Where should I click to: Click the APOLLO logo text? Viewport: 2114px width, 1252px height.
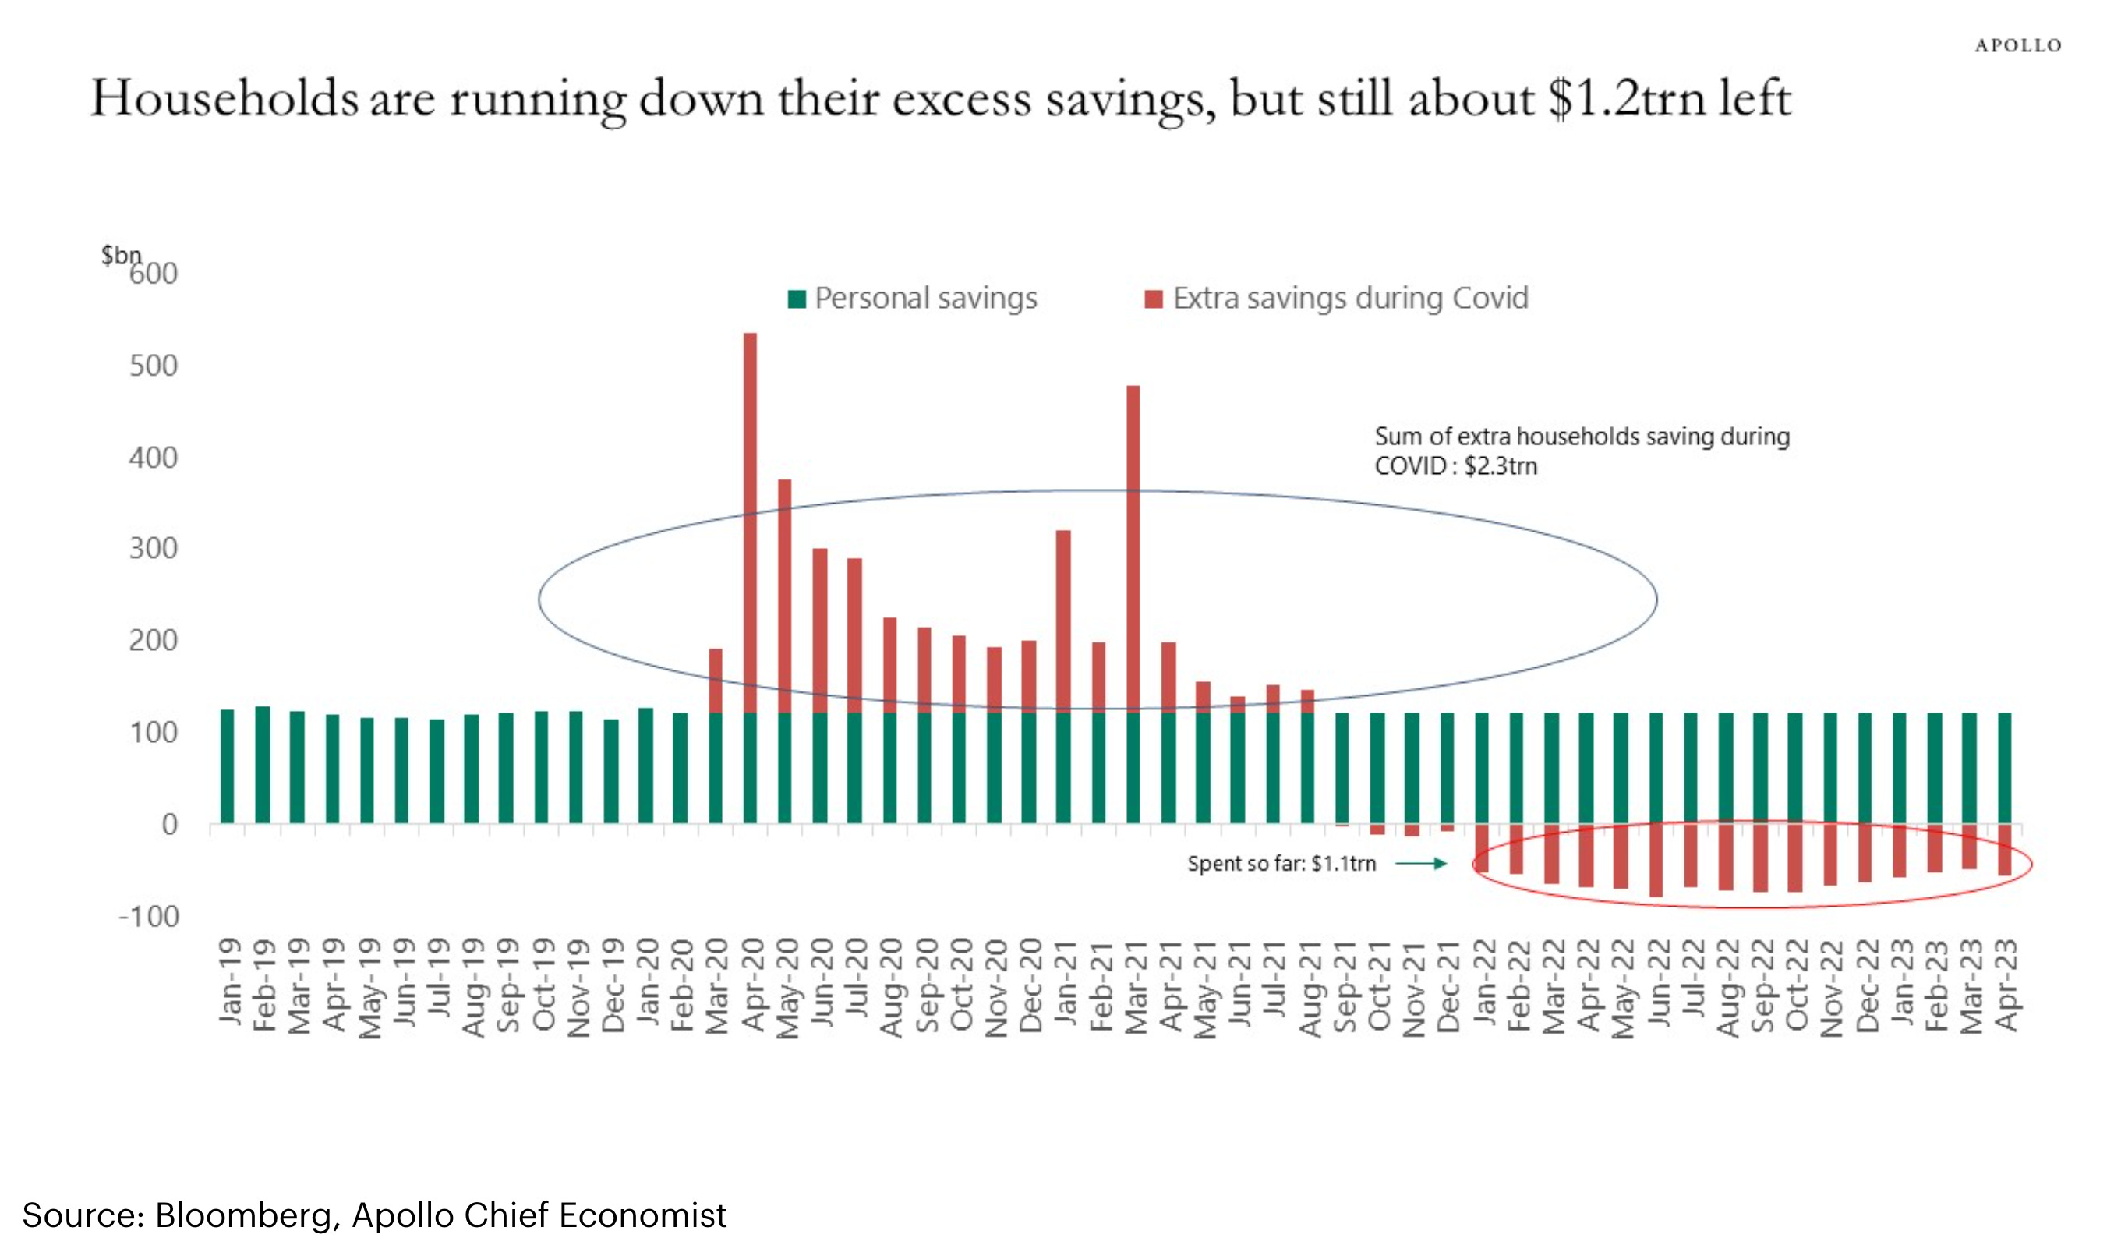tap(2017, 45)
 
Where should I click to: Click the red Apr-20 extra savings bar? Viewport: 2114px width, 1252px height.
tap(750, 523)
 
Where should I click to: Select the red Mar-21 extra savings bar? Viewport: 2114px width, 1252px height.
tap(1133, 548)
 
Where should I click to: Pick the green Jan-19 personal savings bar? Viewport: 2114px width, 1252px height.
tap(227, 766)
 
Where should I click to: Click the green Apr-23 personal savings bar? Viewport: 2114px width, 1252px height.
tap(2004, 768)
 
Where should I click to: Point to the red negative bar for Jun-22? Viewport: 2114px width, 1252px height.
tap(1656, 860)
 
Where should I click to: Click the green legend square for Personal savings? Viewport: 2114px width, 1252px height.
tap(797, 299)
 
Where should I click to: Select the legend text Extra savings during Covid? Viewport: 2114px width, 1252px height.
tap(1350, 298)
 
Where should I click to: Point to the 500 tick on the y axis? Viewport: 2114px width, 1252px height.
tap(154, 366)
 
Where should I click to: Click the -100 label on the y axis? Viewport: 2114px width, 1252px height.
tap(150, 916)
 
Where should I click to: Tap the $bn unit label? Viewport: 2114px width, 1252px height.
tap(121, 254)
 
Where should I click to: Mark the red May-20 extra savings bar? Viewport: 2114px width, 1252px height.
tap(784, 596)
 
